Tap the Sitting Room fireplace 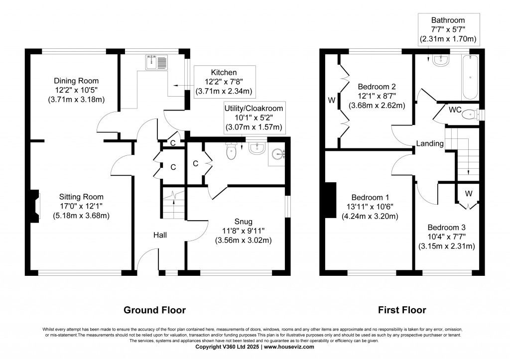(34, 205)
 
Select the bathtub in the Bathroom (470, 77)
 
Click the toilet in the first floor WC (469, 115)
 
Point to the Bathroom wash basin (441, 61)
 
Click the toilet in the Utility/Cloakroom (231, 150)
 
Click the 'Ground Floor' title (154, 310)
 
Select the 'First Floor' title (402, 310)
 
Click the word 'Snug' (244, 222)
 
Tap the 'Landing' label (430, 143)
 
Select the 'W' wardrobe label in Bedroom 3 (469, 193)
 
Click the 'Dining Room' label (76, 81)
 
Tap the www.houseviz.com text (289, 347)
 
